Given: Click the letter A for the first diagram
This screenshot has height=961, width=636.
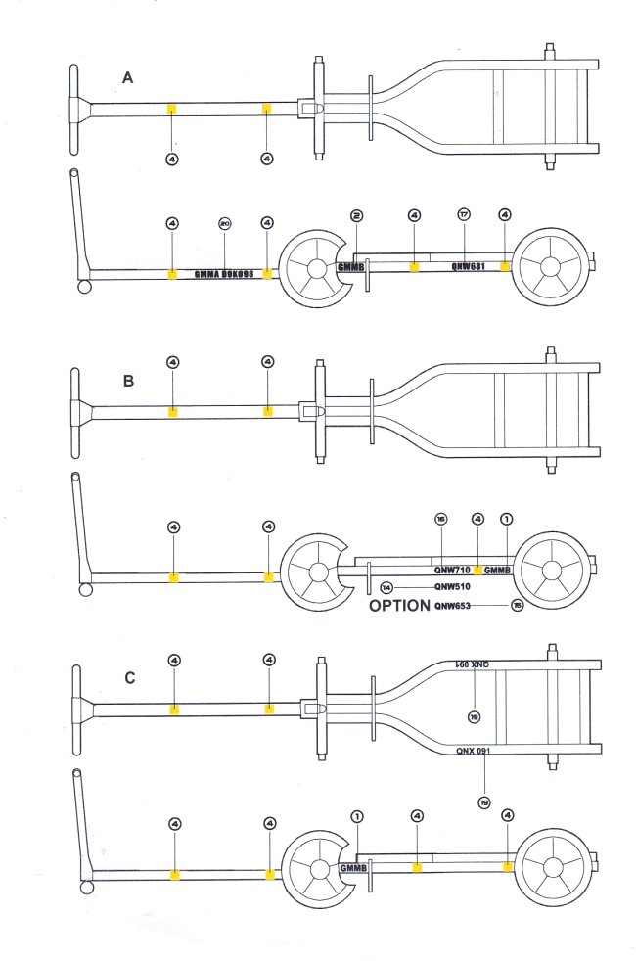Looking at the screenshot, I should point(127,77).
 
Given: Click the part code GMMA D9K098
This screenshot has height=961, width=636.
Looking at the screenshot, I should point(224,275).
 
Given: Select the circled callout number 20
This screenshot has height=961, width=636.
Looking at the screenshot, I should point(224,224).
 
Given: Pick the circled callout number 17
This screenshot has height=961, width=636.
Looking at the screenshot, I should point(464,214).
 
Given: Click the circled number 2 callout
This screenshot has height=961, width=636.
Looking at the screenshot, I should point(357,214).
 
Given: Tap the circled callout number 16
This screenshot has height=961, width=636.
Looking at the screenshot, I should point(441,517).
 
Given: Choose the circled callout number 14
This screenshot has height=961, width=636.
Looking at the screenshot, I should point(386,587).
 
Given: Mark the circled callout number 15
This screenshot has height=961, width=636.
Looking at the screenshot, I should point(517,606).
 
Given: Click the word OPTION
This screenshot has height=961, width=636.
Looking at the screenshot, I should point(399,606).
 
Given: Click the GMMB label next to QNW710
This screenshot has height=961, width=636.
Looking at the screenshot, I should point(498,570).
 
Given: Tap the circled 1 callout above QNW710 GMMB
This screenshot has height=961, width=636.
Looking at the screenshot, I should point(506,517).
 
